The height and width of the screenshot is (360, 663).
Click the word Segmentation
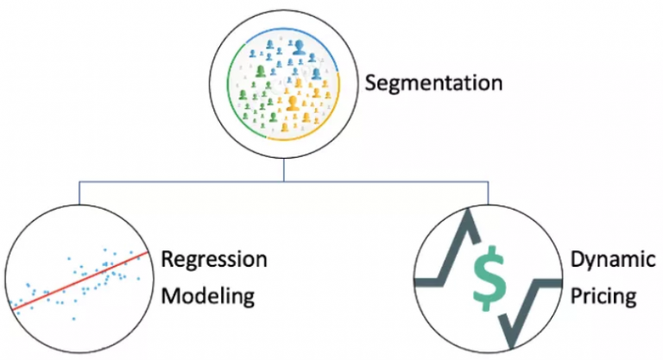tap(433, 84)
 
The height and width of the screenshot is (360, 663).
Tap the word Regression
tap(214, 260)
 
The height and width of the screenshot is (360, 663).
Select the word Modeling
tap(209, 296)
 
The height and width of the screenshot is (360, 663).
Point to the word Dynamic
tap(603, 260)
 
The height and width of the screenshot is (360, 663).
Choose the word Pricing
tap(603, 297)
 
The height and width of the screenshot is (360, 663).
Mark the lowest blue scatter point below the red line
tap(74, 319)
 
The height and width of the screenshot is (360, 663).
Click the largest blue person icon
tap(300, 47)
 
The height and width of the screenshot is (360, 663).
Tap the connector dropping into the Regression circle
tap(79, 193)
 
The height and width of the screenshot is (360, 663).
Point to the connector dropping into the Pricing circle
tap(489, 193)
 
